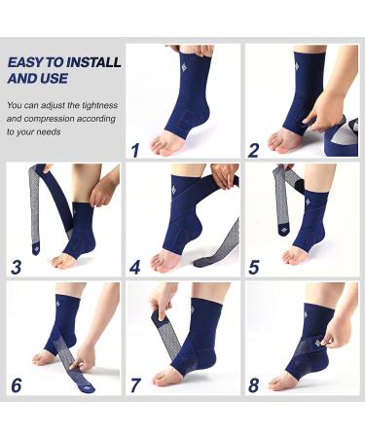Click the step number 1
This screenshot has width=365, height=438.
(134, 149)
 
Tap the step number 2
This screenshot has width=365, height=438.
(253, 149)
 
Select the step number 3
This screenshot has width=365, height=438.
(17, 267)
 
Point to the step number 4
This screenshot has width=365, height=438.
(135, 267)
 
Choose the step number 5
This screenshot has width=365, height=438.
(253, 267)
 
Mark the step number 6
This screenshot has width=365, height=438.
(17, 384)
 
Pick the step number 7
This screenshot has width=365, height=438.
(134, 384)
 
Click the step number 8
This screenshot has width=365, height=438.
(253, 384)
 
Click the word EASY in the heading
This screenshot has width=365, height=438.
(26, 62)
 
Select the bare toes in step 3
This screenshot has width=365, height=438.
(59, 262)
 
